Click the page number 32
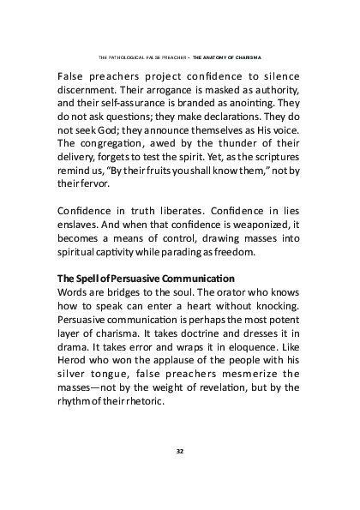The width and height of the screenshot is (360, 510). pyautogui.click(x=180, y=450)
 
